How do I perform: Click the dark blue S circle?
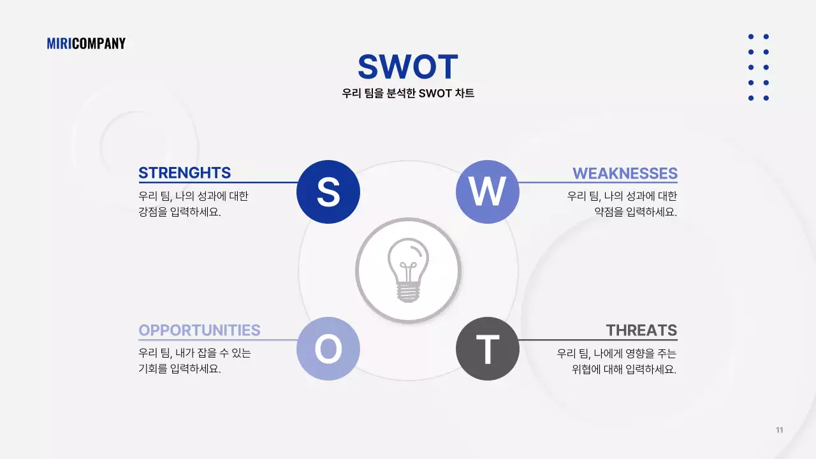tap(328, 191)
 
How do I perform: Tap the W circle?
tap(488, 191)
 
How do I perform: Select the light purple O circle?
tap(328, 349)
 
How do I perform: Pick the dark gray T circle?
tap(488, 349)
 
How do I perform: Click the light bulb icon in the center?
tap(408, 270)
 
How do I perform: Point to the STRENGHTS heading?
tap(184, 173)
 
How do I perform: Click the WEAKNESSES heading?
tap(625, 173)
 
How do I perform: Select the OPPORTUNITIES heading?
tap(200, 330)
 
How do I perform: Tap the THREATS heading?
tap(641, 330)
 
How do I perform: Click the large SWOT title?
tap(408, 67)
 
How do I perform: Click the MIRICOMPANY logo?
tap(86, 43)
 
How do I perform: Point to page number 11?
tap(779, 430)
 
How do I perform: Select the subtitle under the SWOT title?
tap(408, 93)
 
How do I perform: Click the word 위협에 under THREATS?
tap(585, 369)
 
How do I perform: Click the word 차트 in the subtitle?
tap(465, 93)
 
